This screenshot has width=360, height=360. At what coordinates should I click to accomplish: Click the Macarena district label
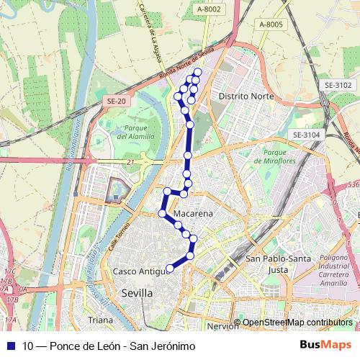[x=192, y=215]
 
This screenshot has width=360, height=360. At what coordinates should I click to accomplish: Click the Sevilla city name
[x=137, y=293]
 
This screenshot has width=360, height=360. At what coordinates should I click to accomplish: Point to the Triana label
[x=100, y=320]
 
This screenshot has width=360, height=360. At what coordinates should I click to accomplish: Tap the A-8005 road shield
[x=271, y=24]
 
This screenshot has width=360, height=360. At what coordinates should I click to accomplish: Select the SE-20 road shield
[x=116, y=102]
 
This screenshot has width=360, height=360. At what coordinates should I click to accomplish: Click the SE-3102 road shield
[x=336, y=84]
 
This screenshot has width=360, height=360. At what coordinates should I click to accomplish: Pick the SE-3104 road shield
[x=306, y=135]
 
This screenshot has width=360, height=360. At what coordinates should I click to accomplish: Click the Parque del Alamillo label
[x=132, y=132]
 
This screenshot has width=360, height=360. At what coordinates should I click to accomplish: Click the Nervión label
[x=222, y=325]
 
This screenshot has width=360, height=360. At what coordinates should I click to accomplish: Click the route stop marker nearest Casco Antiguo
[x=170, y=269]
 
